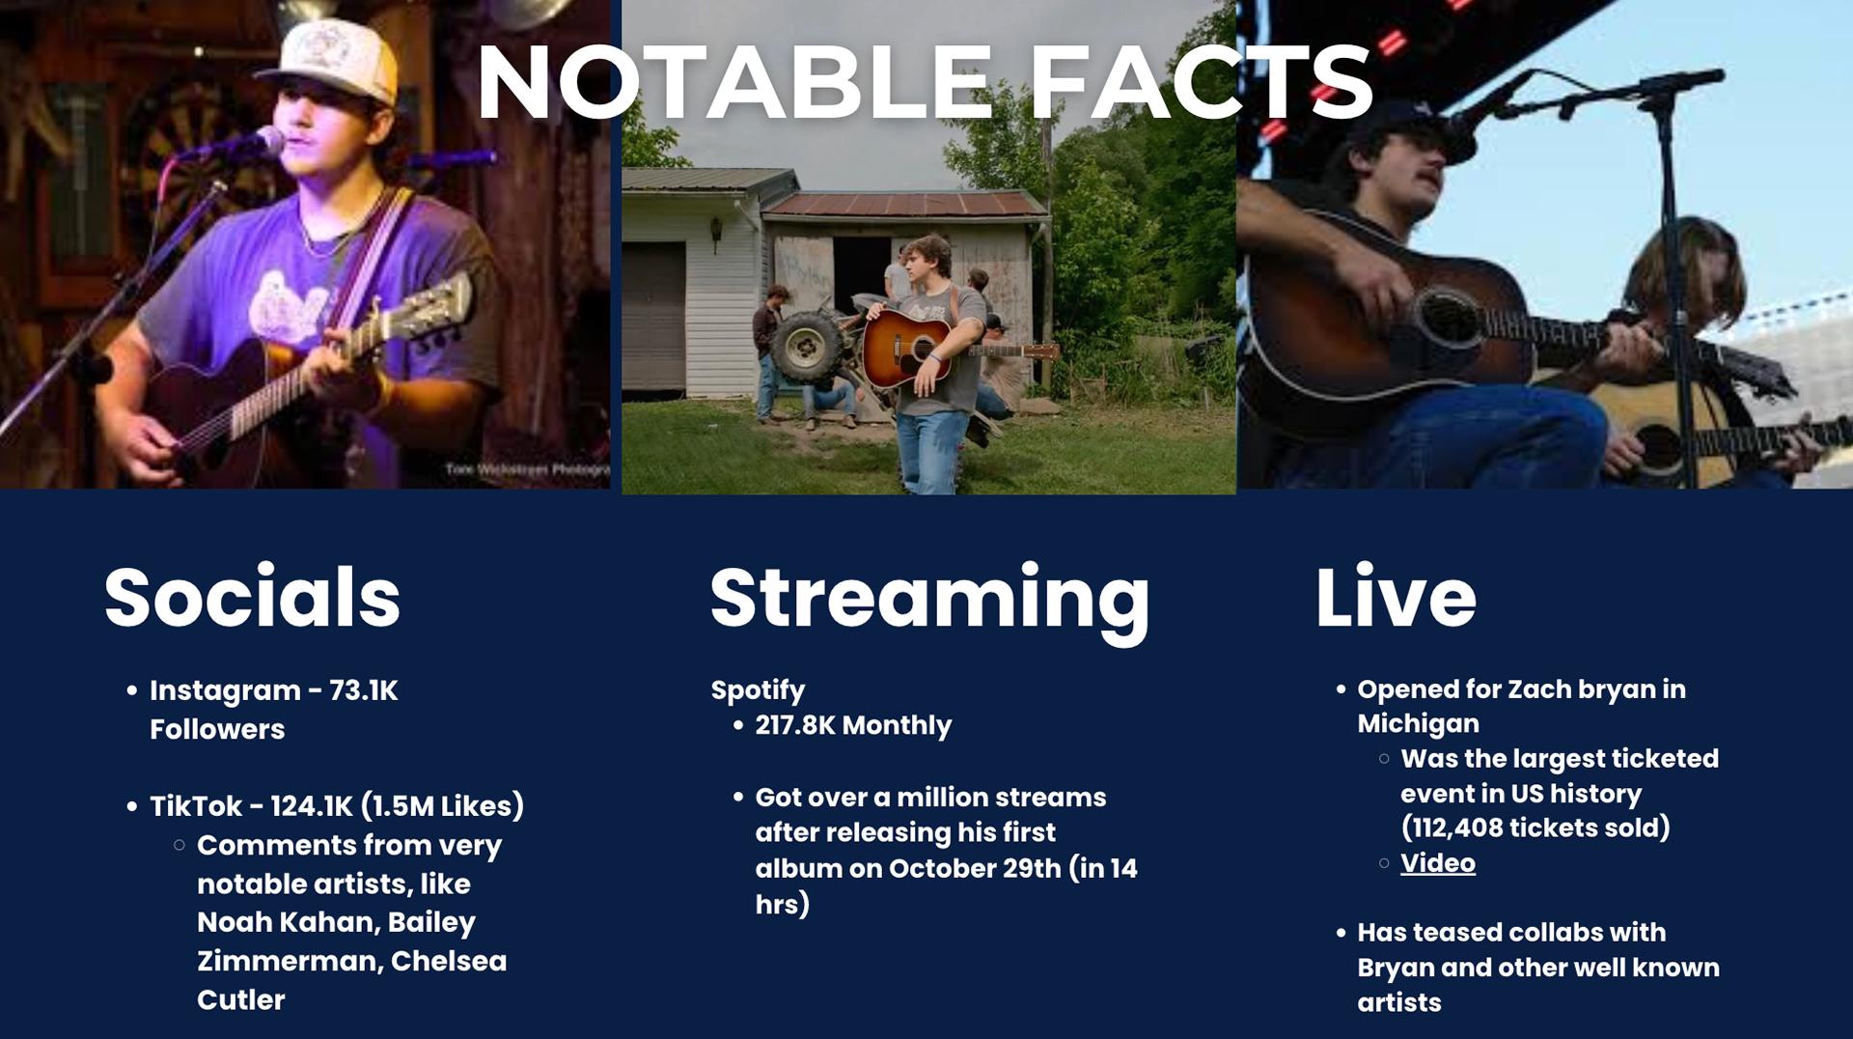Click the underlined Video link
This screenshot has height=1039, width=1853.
coord(1438,862)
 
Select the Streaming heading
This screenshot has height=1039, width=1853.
coord(930,603)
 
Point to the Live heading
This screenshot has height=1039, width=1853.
coord(1396,597)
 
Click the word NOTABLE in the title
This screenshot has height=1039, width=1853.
coord(734,82)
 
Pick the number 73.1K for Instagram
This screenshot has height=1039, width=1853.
coord(363,690)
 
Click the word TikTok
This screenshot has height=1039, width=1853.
coord(196,806)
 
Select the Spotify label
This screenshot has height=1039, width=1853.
coord(758,690)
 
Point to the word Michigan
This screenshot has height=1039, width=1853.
coord(1418,723)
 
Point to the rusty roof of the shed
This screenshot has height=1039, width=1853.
coord(905,203)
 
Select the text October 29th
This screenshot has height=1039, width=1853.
coord(975,868)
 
